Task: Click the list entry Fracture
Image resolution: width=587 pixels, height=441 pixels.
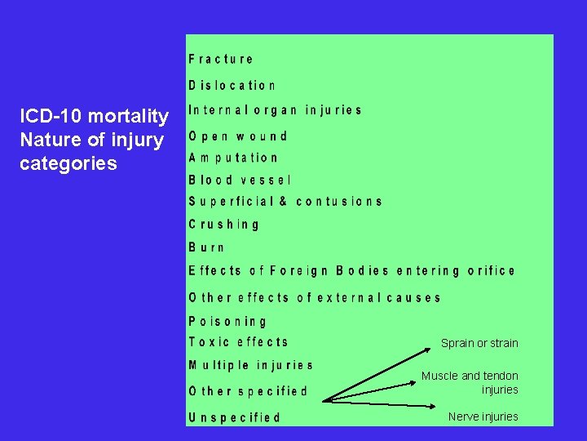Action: tap(221, 59)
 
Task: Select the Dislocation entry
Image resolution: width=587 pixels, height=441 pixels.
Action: tap(232, 85)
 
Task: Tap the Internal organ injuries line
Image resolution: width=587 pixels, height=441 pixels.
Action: tap(275, 110)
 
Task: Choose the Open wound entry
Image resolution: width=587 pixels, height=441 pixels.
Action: tap(238, 136)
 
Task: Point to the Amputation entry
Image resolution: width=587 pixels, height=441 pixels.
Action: tap(233, 158)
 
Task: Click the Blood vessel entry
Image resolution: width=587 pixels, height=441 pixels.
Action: tap(240, 180)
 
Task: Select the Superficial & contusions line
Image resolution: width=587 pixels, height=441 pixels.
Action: tap(285, 201)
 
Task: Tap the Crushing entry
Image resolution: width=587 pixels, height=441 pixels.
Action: tap(224, 224)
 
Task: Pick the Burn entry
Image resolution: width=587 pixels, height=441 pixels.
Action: tap(206, 247)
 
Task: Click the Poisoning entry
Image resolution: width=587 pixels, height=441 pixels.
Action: tap(227, 322)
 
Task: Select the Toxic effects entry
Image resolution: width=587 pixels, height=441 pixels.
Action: tap(238, 342)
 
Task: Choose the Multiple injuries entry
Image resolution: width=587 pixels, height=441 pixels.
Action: tap(250, 365)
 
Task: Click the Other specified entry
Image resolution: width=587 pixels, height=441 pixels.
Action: tap(249, 391)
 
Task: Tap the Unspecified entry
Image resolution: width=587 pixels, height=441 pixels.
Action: tap(235, 417)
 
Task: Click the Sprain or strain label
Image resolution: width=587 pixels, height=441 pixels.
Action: tap(479, 343)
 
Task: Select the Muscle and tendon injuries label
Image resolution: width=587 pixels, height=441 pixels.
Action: tap(470, 382)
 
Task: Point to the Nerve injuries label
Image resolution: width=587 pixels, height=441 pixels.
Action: tap(483, 416)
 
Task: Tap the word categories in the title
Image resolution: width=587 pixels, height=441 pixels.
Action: tap(68, 163)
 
